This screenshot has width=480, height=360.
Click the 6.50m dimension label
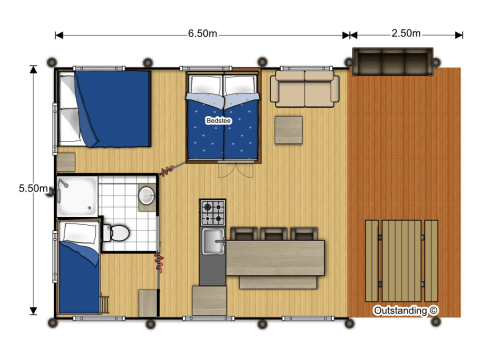[202, 33]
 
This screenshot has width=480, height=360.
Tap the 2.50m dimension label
[405, 33]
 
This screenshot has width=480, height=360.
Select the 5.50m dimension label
[33, 188]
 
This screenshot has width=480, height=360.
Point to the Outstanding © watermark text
[406, 310]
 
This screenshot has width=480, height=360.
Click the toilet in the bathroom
[117, 233]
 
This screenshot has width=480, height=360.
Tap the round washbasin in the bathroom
[147, 195]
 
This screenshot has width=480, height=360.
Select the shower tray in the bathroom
[77, 196]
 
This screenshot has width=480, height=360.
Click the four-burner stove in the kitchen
[213, 212]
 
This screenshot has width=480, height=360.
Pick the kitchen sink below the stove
[213, 240]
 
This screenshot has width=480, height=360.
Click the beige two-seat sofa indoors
[306, 88]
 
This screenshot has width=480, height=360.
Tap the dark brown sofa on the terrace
[392, 61]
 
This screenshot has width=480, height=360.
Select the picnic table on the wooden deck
[402, 260]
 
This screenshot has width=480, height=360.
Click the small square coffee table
[288, 129]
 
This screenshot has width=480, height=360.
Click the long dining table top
[275, 257]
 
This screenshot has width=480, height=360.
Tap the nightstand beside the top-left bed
[66, 162]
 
